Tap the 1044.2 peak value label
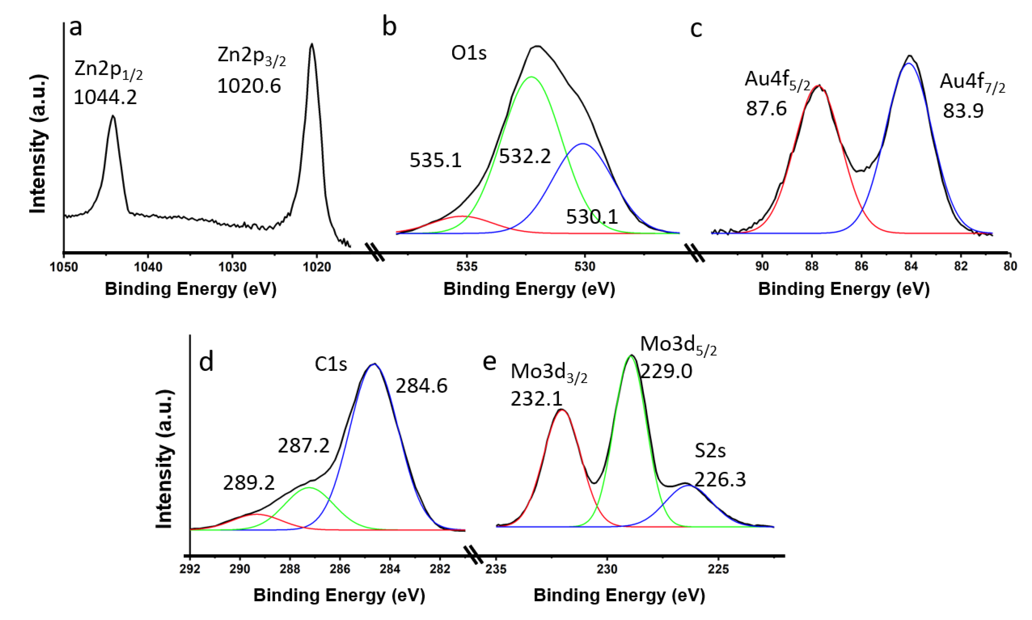pos(105,97)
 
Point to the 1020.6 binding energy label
pos(249,86)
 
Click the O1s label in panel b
pos(468,53)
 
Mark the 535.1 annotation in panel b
pos(436,160)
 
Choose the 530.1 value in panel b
pos(592,216)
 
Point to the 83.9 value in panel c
pos(963,111)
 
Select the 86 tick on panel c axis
pos(861,266)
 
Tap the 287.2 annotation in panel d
pos(303,446)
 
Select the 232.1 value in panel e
pos(536,399)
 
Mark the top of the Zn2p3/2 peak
pos(311,44)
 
